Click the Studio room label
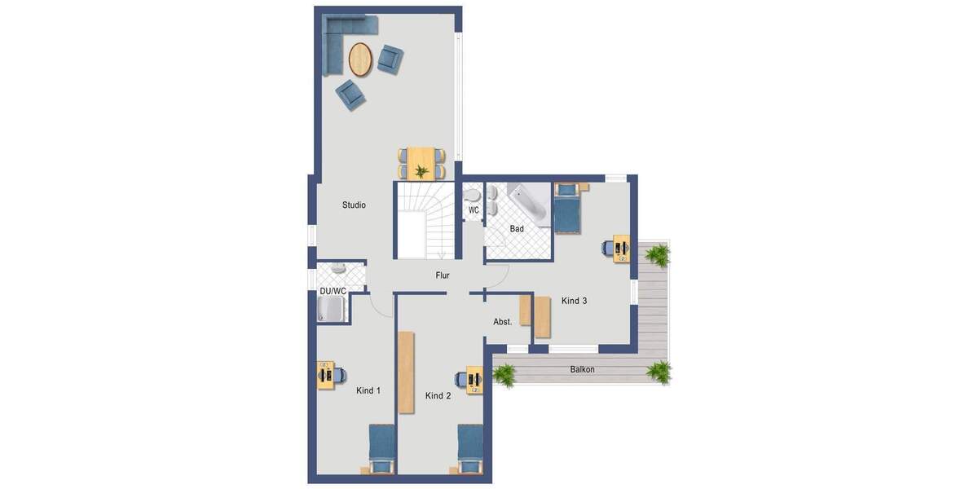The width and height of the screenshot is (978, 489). coord(354,205)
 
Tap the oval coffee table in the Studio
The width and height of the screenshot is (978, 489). coord(360,58)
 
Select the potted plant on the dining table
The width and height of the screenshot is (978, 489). coord(421,171)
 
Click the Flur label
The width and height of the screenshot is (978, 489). coord(443,275)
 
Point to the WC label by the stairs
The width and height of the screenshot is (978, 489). coord(474,210)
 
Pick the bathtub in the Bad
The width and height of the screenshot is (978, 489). coord(530,202)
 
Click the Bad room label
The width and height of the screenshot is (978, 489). coord(517,229)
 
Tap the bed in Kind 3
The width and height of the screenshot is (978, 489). coord(567,209)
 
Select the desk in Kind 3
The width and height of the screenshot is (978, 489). coord(621,248)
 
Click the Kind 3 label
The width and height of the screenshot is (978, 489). coord(574,301)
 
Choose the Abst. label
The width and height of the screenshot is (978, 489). coord(503,322)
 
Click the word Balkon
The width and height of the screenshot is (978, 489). coord(582,370)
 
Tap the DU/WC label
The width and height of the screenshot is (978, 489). coord(333,291)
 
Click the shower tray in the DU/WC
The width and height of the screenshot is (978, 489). coord(332,309)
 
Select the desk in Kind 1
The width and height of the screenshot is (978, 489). coord(326,375)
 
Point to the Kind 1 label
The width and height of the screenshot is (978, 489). coord(368,391)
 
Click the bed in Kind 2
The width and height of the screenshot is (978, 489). coord(470,447)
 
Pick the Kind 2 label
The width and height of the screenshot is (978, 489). coord(438,396)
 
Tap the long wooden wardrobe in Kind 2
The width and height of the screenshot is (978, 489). coord(406,372)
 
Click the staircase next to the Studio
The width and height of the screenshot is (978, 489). coord(424,220)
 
